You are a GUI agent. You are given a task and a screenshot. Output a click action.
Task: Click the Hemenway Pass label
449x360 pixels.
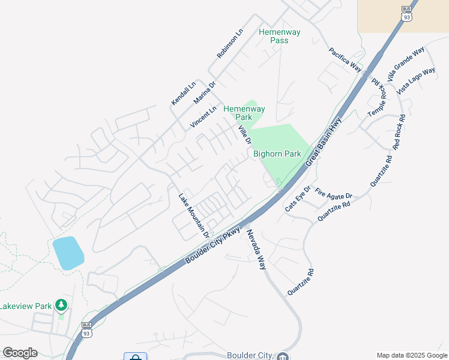pos(279,36)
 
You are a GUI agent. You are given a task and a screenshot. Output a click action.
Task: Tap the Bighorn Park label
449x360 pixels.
pos(277,154)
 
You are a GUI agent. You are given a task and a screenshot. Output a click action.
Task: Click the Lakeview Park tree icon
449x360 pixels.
pos(61,306)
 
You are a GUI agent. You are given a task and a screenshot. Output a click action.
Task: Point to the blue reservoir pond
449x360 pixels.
pos(68,253)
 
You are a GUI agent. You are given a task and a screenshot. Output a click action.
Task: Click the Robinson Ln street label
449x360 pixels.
pos(231,43)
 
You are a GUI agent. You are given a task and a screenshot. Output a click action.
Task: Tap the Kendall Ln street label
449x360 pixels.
pos(184,94)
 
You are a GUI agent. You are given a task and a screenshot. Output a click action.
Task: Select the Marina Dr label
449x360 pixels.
pos(204,93)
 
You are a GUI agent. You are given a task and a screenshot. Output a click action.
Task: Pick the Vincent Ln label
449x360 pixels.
pos(203,117)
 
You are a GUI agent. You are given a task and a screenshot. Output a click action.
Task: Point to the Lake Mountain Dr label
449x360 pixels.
pos(193,214)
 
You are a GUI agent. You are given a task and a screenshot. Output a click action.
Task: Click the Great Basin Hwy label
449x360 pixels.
pos(323,143)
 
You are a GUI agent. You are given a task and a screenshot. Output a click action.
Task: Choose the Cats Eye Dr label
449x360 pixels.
pos(298,199)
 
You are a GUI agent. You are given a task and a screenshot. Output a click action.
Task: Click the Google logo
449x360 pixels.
pos(20,353)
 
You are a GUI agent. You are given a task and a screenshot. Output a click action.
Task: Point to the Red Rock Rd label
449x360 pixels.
pos(399,132)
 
